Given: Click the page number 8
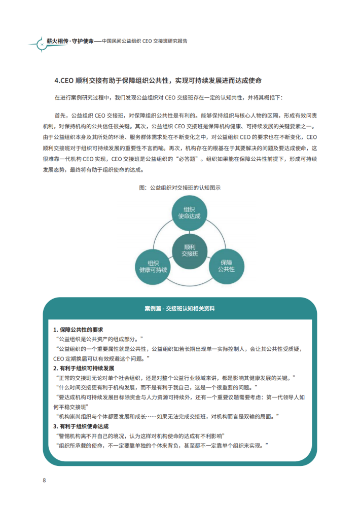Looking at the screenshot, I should pos(45,480).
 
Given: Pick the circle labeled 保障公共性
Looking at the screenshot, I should pos(226,265).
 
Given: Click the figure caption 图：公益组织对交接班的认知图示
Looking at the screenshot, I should pos(179,187).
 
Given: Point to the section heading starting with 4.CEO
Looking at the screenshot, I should pos(158,81).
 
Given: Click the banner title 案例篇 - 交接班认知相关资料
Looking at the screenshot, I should pos(179,308).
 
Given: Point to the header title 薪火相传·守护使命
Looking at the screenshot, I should pos(66,41).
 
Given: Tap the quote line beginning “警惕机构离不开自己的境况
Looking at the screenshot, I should pos(140,436).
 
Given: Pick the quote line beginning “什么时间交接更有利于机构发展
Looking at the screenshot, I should pos(152,388).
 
